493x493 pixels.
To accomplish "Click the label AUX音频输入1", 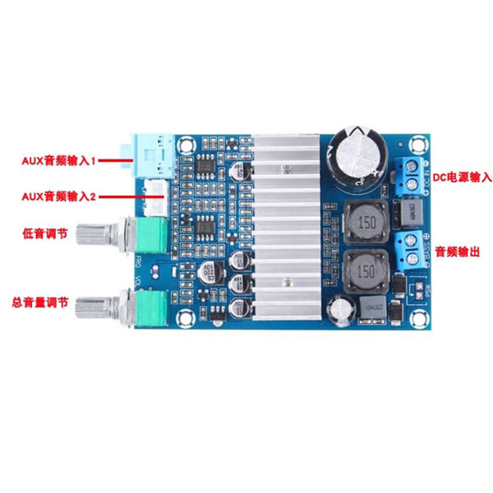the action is (65, 160).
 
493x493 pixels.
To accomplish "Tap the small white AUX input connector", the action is (156, 196).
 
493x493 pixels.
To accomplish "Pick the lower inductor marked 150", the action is (366, 272).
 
